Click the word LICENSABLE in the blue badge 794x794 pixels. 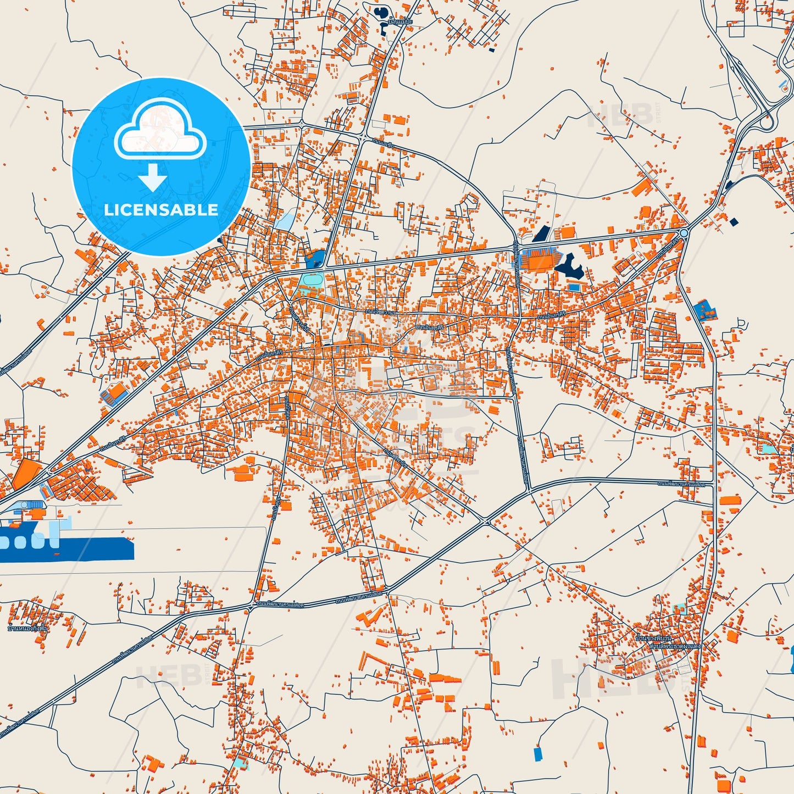(x=161, y=210)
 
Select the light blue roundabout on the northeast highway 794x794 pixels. (x=684, y=233)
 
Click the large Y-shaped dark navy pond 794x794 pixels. (x=570, y=266)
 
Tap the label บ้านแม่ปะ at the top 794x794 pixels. (x=399, y=21)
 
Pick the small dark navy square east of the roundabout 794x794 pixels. (x=734, y=222)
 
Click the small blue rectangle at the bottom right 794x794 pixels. (x=537, y=754)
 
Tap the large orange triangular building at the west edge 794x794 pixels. (x=25, y=474)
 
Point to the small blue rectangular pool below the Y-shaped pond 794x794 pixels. (x=574, y=287)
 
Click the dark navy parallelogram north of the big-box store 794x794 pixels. (x=541, y=234)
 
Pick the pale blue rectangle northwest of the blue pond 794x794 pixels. (x=285, y=220)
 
